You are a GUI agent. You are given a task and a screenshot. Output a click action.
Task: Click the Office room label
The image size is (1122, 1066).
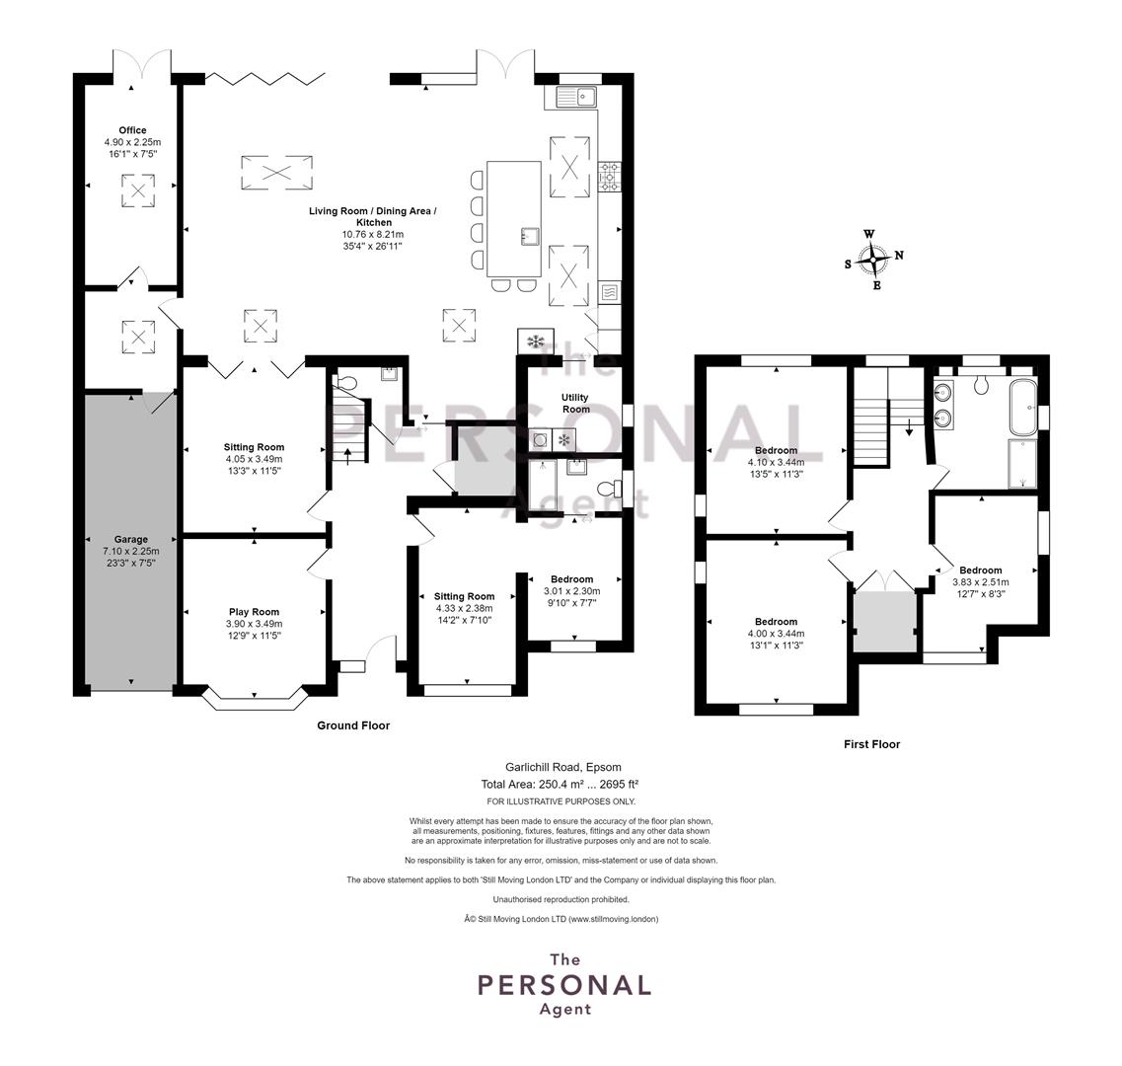(132, 130)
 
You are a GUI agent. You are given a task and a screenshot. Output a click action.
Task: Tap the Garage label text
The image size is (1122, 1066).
(131, 539)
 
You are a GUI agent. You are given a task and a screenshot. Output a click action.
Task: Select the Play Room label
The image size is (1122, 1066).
(254, 611)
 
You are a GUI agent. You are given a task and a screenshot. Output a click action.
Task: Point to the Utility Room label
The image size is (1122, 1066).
(575, 403)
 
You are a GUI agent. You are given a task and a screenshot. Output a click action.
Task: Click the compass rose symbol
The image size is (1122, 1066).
(873, 260)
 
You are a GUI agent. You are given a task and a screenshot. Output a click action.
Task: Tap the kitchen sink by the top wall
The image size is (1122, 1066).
(577, 96)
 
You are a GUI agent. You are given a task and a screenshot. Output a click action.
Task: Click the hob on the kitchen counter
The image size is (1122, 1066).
(610, 176)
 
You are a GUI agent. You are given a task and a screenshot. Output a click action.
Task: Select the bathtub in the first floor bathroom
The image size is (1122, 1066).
(1021, 407)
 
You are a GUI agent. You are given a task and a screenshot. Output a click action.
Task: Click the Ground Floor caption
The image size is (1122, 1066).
(353, 725)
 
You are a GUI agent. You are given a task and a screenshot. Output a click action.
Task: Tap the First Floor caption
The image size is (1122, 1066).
(871, 744)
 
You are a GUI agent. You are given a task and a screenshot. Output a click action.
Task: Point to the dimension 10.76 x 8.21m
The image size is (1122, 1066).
(373, 234)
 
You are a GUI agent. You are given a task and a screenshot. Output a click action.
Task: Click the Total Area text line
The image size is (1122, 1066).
(561, 784)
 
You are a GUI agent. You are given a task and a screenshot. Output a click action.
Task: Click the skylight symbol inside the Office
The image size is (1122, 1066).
(138, 190)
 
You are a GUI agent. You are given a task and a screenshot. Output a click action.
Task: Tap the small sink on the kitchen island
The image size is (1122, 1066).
(530, 236)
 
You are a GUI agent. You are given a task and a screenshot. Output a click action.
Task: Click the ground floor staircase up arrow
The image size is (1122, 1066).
(348, 455)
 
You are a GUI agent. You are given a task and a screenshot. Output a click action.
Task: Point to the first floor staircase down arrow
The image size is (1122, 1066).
(909, 427)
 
